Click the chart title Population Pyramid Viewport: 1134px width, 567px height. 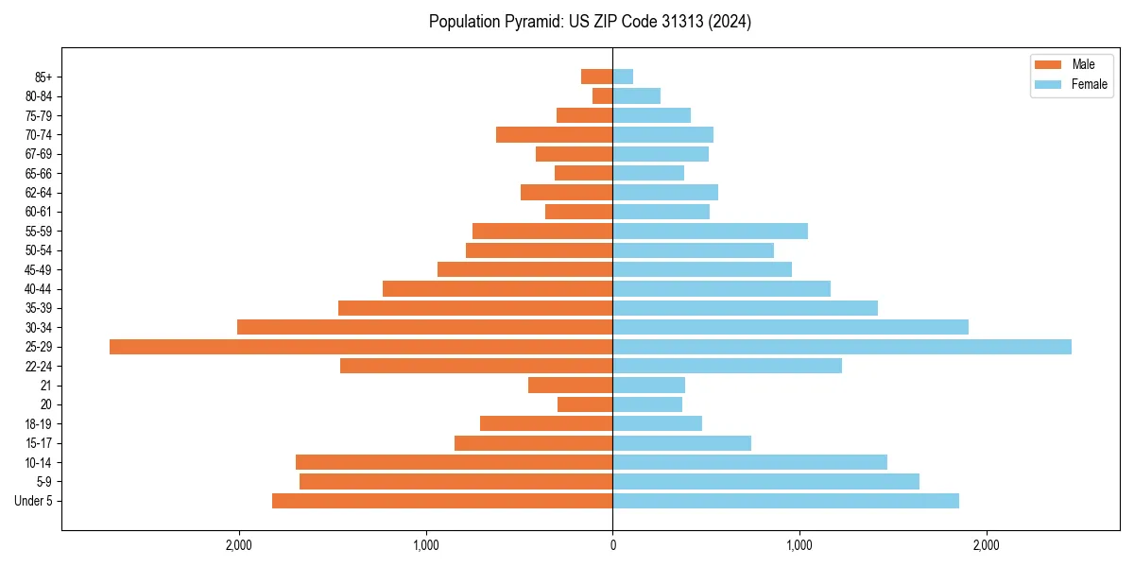590,22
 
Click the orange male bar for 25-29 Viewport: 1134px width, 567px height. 361,347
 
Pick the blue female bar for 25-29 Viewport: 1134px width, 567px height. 842,347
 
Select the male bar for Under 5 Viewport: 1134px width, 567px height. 442,501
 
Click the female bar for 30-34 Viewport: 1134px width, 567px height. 790,327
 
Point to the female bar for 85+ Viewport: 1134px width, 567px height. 623,77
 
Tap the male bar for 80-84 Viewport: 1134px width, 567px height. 603,95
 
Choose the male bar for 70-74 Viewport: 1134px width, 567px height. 554,134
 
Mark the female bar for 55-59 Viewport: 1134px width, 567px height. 710,231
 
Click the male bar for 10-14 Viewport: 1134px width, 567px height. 454,462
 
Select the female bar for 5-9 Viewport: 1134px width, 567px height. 765,481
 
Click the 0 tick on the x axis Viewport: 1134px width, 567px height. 612,545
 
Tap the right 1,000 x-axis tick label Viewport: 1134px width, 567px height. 799,545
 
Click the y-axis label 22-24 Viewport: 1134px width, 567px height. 38,366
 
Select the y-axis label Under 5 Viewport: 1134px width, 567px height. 33,501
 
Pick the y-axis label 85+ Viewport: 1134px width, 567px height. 42,77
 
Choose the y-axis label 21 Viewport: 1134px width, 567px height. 46,386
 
